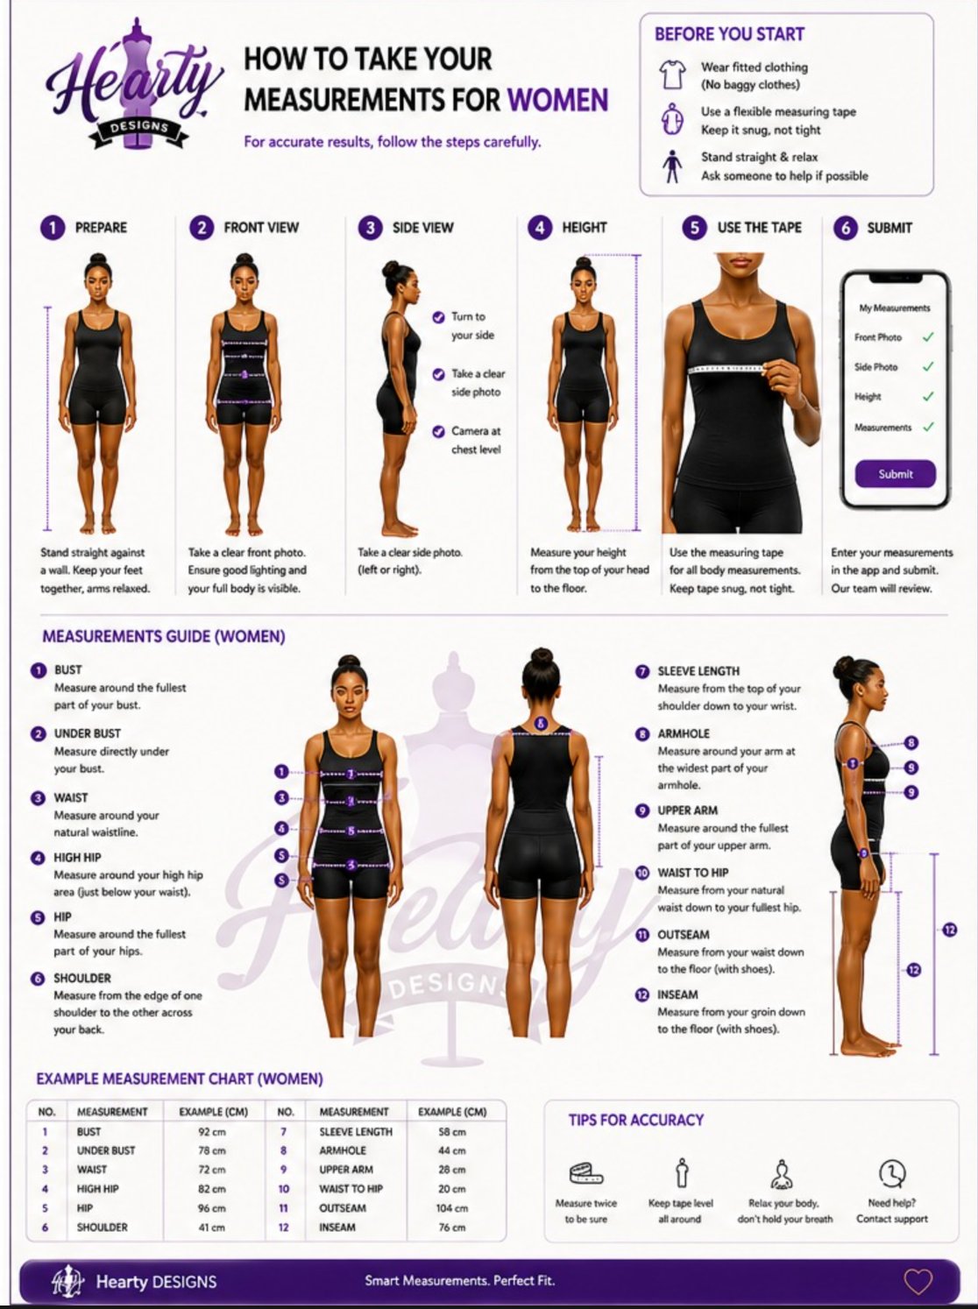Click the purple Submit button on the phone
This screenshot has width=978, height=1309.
[x=895, y=474]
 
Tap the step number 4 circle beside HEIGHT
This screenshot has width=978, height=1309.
[x=539, y=228]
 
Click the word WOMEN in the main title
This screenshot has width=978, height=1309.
[x=557, y=100]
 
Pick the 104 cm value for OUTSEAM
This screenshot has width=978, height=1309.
[x=451, y=1208]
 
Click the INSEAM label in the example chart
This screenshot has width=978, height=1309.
[x=337, y=1228]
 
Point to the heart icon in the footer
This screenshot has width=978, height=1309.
[x=918, y=1282]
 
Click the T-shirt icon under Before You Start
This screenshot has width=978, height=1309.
[x=672, y=74]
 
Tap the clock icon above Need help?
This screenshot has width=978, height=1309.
[x=891, y=1172]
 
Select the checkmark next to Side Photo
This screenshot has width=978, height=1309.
[x=928, y=367]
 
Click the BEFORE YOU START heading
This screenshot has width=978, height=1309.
[x=729, y=35]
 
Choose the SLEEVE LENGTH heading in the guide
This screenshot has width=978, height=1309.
[x=698, y=671]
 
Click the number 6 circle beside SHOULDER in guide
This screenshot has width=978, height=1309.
[x=38, y=979]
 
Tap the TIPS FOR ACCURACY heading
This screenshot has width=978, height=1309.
[x=635, y=1120]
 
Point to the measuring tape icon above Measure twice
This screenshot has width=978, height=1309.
[x=586, y=1173]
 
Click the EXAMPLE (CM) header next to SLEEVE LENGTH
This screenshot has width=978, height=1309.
[x=451, y=1112]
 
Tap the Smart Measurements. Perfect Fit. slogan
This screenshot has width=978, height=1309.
[x=460, y=1281]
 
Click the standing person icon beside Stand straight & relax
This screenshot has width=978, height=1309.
[x=672, y=166]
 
